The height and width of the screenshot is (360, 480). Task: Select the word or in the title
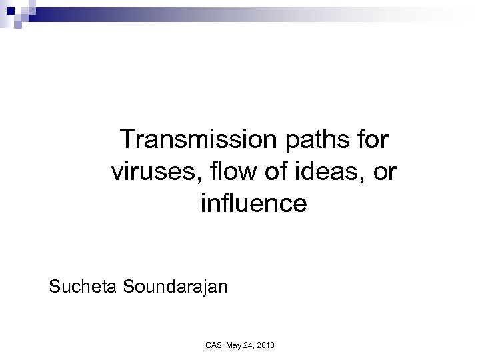385,173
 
